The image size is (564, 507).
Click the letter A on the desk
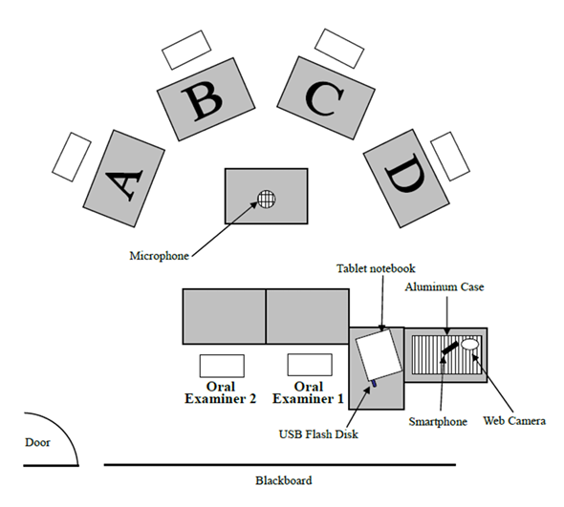click(124, 184)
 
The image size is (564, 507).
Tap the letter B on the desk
click(202, 100)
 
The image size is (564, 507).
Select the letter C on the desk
click(324, 98)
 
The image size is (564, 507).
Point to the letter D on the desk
click(405, 173)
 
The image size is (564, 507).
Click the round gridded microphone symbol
click(267, 200)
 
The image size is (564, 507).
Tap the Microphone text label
click(159, 256)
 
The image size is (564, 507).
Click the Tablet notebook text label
click(376, 268)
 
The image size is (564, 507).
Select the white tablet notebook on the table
click(379, 354)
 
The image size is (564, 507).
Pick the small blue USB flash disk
click(374, 384)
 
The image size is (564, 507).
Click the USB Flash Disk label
click(318, 434)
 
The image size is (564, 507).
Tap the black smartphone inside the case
click(450, 348)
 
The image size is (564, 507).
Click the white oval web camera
click(470, 344)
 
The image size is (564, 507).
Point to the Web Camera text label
click(514, 420)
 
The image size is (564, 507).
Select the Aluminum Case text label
click(445, 286)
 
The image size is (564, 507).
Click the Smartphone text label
click(438, 421)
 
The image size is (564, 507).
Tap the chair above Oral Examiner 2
click(222, 366)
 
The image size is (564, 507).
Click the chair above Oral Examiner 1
click(310, 365)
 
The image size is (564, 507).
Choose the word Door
click(37, 442)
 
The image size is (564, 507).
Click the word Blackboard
click(284, 480)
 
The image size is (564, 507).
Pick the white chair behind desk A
click(72, 157)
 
